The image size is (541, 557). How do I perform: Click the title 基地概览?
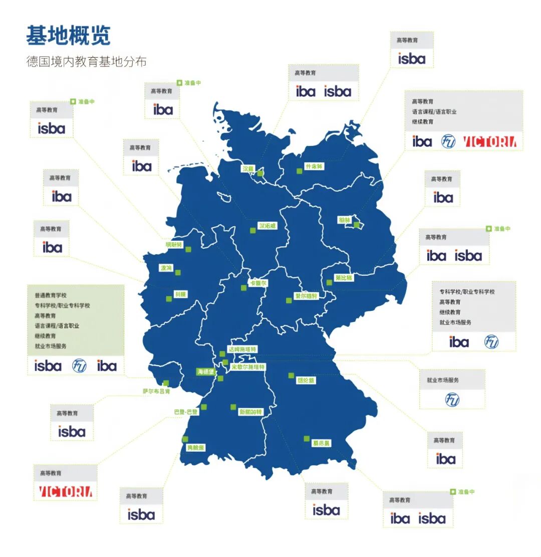click(68, 35)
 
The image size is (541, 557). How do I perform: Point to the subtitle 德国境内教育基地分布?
click(86, 62)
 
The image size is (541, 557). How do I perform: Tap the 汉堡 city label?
click(248, 169)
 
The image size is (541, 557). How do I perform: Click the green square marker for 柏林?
click(357, 225)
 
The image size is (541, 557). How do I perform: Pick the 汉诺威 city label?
click(267, 226)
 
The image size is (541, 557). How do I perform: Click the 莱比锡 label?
click(344, 277)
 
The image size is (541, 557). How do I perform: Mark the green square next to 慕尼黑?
click(307, 438)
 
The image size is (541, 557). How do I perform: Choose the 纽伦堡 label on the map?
click(306, 381)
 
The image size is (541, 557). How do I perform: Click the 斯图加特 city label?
click(250, 412)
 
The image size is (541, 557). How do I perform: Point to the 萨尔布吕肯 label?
click(157, 392)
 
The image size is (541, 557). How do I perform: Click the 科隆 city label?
click(180, 294)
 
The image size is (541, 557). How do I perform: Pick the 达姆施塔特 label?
click(242, 349)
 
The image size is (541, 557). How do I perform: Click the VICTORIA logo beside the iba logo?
click(489, 142)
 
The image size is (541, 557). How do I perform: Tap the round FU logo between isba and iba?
click(79, 366)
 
